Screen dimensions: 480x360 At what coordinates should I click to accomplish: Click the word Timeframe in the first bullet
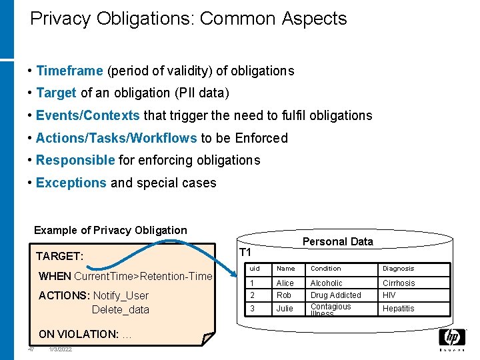(69, 71)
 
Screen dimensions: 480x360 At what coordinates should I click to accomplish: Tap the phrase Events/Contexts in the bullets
(87, 115)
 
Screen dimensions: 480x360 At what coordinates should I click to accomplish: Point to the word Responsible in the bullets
(75, 160)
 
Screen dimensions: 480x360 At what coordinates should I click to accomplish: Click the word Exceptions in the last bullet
(71, 183)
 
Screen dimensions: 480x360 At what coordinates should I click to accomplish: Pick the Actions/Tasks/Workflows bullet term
(116, 138)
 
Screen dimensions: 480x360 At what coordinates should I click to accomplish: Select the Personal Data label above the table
(338, 241)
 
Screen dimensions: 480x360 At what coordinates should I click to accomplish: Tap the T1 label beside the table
(245, 253)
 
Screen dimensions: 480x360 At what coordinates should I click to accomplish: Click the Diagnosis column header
(398, 269)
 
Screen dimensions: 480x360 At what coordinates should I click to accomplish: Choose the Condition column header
(325, 269)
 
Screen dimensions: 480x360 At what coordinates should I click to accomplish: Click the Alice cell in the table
(285, 283)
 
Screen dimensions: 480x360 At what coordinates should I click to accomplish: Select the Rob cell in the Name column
(283, 295)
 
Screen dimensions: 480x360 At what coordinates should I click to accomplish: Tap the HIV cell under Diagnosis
(389, 295)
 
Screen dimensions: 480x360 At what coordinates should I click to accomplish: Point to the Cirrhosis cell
(398, 283)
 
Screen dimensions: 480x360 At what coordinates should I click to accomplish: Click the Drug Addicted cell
(335, 295)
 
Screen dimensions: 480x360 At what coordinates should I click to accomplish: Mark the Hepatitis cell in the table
(398, 309)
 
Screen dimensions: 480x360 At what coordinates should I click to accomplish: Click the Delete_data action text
(120, 309)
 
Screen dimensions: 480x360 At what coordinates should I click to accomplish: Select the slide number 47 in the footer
(31, 349)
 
